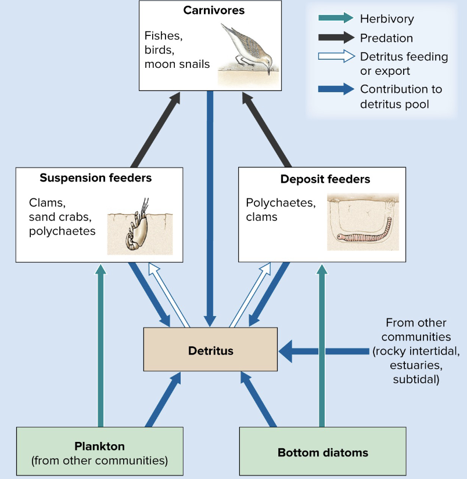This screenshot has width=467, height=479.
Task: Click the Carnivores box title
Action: (x=214, y=10)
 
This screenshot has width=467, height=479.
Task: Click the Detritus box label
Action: (x=210, y=351)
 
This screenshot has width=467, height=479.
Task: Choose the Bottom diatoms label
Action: (x=323, y=452)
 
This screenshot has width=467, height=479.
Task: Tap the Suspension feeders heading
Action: (x=96, y=178)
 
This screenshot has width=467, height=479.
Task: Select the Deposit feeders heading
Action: (x=325, y=179)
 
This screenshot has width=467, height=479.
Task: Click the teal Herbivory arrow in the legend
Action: (x=336, y=19)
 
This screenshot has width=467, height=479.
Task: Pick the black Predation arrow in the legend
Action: (x=336, y=38)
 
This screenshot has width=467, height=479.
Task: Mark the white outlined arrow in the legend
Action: (x=336, y=57)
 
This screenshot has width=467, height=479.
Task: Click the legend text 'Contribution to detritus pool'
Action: (x=401, y=96)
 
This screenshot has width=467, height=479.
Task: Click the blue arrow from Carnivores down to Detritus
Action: (x=210, y=209)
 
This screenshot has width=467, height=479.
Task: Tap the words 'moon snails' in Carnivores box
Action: (x=177, y=64)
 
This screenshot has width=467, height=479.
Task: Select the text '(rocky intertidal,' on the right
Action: (x=416, y=351)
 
